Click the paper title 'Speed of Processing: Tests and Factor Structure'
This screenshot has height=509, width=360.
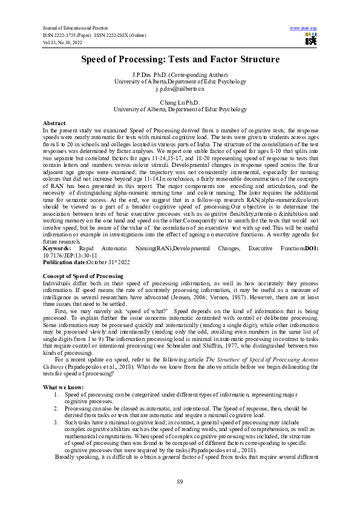(x=180, y=59)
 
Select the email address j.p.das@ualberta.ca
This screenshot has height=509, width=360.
(x=180, y=89)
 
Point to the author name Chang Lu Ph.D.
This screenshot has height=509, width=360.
(x=180, y=102)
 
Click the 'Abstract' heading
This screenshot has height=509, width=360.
(x=54, y=123)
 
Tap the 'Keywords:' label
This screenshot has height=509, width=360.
(x=57, y=248)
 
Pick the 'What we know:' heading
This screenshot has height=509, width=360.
(x=64, y=386)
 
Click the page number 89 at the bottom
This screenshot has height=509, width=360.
(x=180, y=481)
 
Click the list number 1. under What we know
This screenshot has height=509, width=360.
(x=56, y=394)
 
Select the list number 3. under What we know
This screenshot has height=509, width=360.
(x=56, y=422)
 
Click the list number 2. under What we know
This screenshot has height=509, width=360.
(x=56, y=407)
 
